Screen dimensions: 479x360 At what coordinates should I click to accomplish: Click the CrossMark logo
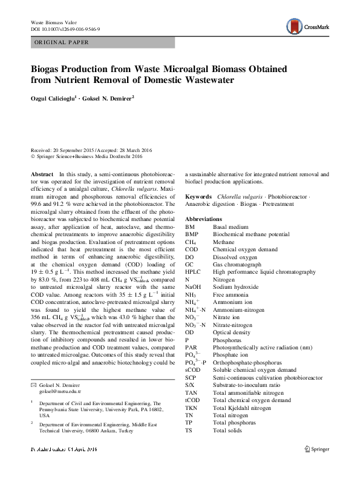pyautogui.click(x=306, y=26)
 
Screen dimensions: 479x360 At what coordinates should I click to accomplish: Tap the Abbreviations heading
pyautogui.click(x=203, y=218)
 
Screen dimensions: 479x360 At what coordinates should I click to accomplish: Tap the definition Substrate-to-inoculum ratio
pyautogui.click(x=249, y=385)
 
